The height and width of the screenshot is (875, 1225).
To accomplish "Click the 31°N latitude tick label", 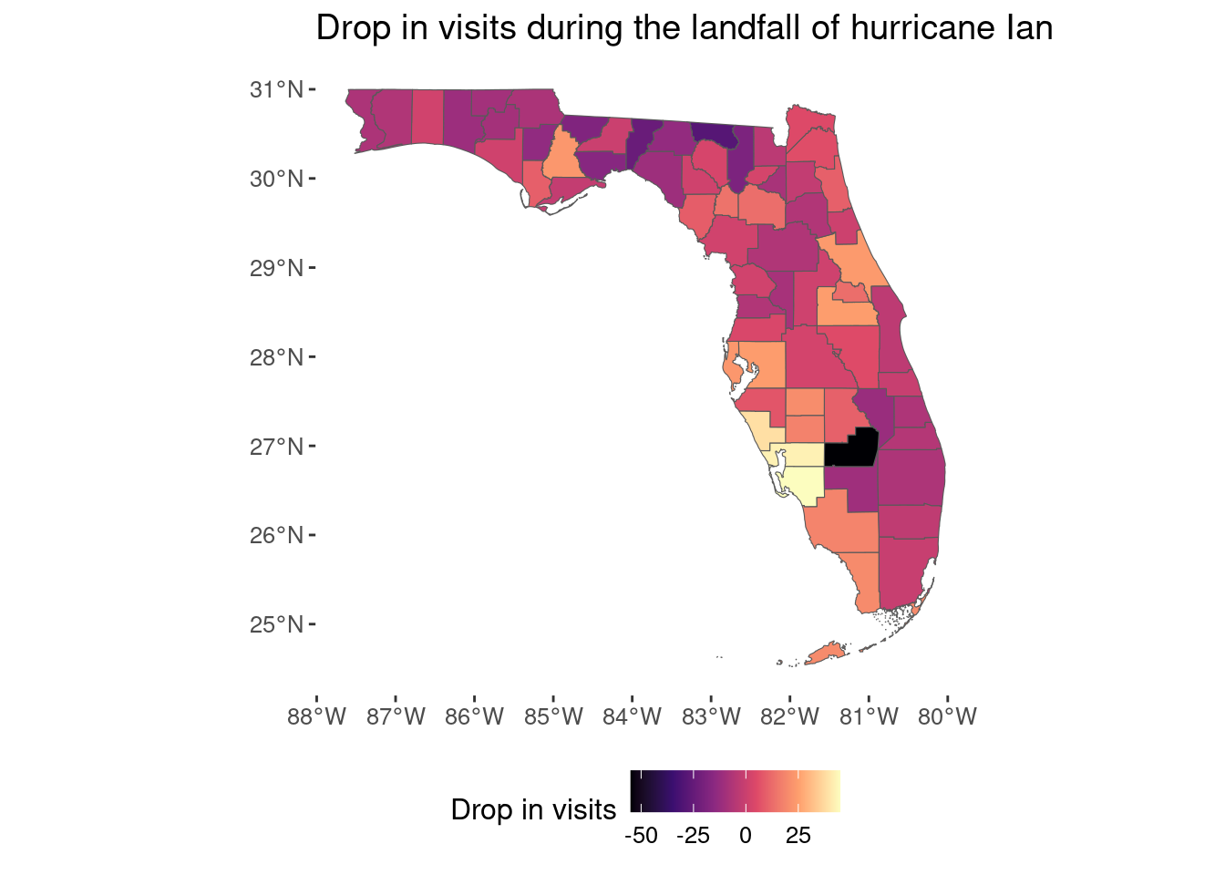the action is point(276,89).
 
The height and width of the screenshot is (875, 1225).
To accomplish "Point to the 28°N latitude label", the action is point(276,357).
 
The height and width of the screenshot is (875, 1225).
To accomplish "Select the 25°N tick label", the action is point(276,624).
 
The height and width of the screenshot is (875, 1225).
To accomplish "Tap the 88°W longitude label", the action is point(316,716).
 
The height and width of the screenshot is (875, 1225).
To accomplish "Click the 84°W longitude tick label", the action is point(633,716).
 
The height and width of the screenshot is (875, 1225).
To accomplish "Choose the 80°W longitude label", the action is point(947,716).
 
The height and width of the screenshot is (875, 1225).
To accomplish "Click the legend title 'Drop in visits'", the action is point(533,809).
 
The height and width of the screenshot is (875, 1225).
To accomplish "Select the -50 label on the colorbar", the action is point(641,836).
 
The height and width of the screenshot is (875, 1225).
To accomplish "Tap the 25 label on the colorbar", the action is point(798,836).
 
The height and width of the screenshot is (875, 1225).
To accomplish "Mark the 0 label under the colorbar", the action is point(746,836).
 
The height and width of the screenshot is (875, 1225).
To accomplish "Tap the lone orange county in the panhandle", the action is point(563,156).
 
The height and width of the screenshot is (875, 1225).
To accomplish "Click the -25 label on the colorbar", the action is point(693,836).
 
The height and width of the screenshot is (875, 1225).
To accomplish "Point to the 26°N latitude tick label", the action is point(276,535).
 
